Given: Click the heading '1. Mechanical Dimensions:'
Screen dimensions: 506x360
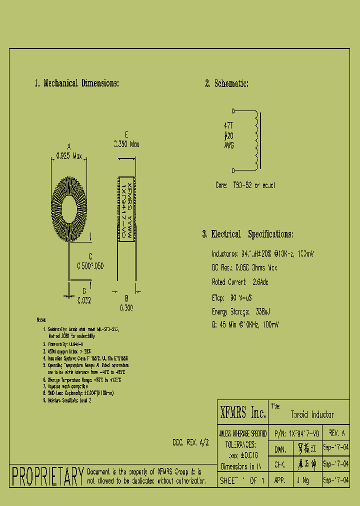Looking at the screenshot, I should pos(76,83).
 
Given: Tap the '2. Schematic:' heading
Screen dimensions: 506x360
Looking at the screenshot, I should pos(227,83).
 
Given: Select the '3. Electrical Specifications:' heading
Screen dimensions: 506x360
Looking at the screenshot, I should pos(247,234).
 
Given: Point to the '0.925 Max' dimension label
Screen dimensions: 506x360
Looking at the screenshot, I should pos(69,155).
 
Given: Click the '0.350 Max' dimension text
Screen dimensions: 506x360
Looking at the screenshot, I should pos(126,144).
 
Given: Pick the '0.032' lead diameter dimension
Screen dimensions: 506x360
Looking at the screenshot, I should pos(84,301).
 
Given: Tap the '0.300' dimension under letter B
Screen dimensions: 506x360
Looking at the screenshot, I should pos(126,308).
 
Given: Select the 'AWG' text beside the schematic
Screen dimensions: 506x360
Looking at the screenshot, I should pos(228,145).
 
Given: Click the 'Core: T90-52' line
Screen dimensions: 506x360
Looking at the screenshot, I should pos(245,185).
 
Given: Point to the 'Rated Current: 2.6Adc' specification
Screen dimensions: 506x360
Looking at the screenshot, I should pos(240,282).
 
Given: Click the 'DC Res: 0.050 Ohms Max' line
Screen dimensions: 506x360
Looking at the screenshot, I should pos(244,268).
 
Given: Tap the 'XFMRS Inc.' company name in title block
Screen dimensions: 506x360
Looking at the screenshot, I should pos(243,413).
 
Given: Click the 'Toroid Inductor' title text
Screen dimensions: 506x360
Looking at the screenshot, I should pos(312,415).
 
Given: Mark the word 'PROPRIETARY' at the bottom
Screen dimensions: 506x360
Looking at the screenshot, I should pos(47,476).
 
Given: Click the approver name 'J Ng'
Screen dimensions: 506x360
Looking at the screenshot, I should pos(303,480).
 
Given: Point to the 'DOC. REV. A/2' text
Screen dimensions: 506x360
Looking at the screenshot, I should pos(190,442).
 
